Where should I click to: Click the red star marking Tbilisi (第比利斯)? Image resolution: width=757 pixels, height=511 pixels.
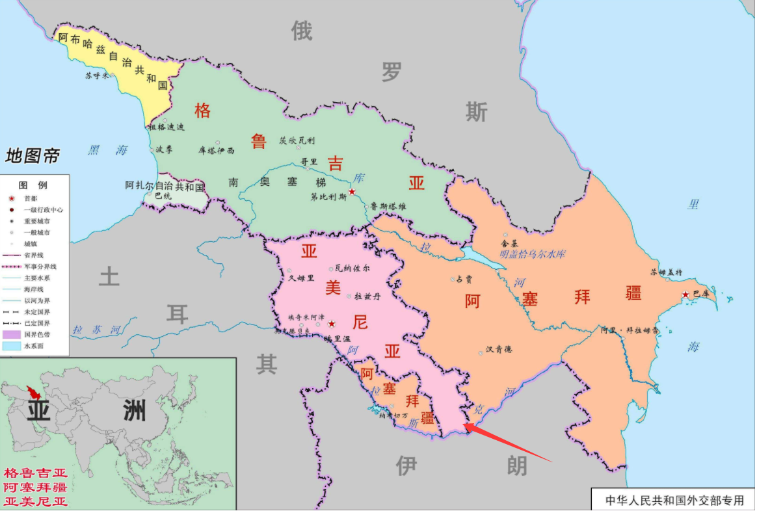(352, 192)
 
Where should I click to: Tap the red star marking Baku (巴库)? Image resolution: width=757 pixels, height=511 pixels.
(685, 295)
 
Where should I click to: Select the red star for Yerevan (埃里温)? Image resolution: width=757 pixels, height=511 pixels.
(332, 324)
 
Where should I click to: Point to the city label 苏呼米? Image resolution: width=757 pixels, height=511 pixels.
(98, 75)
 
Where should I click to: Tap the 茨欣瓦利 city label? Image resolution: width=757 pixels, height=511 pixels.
(297, 140)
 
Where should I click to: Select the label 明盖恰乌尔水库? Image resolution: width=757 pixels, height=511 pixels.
(532, 254)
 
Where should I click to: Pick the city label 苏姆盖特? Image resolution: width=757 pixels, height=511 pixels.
(666, 272)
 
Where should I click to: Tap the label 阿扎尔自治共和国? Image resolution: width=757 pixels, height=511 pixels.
(165, 186)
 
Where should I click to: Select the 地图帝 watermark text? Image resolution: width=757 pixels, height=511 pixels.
(33, 156)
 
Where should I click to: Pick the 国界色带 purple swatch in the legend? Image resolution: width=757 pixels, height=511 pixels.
(12, 334)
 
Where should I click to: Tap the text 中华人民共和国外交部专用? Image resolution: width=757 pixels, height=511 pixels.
(674, 500)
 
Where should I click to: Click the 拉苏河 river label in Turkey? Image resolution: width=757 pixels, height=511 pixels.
(97, 330)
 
